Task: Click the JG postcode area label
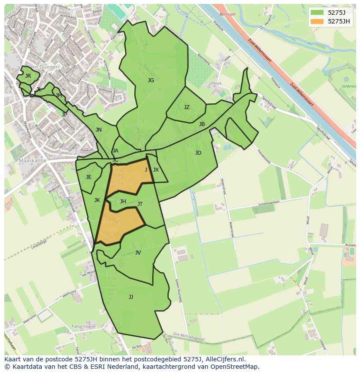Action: pos(151,80)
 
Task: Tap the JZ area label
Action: pos(187,107)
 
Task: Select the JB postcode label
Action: pos(202,124)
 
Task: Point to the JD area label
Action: pos(198,153)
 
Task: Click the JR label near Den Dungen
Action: pos(28,76)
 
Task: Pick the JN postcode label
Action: pos(99,130)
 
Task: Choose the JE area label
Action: pos(89,177)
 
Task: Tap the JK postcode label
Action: pos(97,200)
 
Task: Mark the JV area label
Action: pos(138,253)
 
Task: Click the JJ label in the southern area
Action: pos(131,297)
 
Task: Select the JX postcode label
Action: pos(156,170)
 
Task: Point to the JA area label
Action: pos(115,151)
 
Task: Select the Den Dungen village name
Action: pos(43,67)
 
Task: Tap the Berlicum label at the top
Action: pos(227,14)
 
